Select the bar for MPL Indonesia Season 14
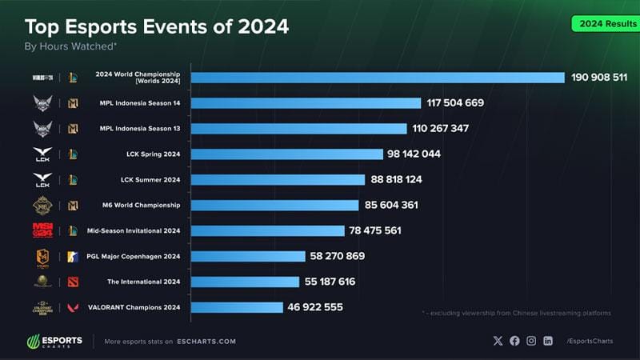[306, 103]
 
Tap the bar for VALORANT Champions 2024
[237, 307]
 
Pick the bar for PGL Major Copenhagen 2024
[248, 256]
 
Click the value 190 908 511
[599, 78]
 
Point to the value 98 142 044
[415, 154]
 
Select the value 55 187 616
[330, 282]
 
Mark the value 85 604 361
[392, 205]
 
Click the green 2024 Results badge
[603, 24]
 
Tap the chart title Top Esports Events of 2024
[157, 27]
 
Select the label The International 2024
[143, 282]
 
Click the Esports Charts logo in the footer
[54, 341]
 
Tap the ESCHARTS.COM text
[206, 342]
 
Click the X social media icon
[498, 341]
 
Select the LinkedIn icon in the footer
[548, 341]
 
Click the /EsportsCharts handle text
[590, 342]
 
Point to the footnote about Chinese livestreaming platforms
[516, 313]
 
